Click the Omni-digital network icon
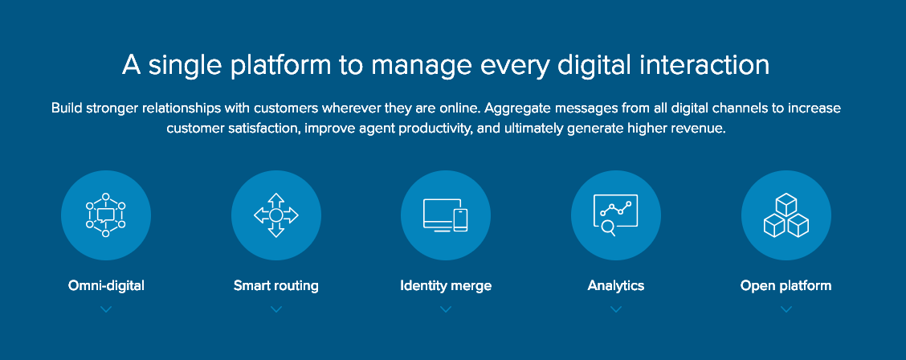tap(106, 215)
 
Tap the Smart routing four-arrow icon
tap(276, 215)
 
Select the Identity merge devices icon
tap(446, 215)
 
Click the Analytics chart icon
tap(616, 215)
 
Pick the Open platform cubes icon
tap(786, 215)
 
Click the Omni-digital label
tap(106, 285)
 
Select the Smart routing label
tap(276, 285)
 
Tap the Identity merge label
tap(446, 285)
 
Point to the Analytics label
tap(616, 285)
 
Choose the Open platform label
tap(786, 285)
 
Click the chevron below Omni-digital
tap(106, 309)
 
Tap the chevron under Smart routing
tap(276, 309)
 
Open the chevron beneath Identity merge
tap(446, 309)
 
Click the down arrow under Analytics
tap(616, 309)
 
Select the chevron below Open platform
tap(786, 309)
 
